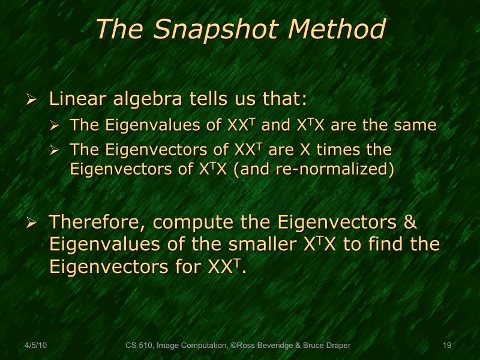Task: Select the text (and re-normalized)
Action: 313,169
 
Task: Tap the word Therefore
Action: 97,222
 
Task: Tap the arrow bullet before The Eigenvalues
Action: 55,126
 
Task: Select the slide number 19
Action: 446,346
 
